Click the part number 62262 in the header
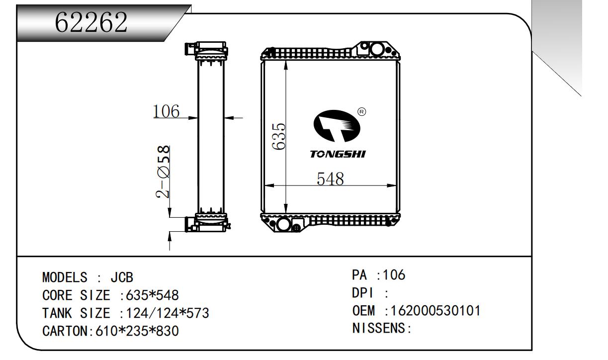point(91,22)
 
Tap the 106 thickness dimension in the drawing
point(166,111)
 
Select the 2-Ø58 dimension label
point(163,172)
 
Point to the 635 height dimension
point(278,136)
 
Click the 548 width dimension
point(330,179)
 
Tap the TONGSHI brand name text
point(338,154)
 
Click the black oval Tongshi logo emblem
point(337,126)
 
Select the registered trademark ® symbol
point(362,111)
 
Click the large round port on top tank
point(377,49)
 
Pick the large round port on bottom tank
point(283,224)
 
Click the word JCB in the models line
point(122,277)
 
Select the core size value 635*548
point(152,295)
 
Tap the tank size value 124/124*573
point(168,313)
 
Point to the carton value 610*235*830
point(137,331)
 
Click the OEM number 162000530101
point(435,311)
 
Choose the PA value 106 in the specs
point(394,275)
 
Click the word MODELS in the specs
point(65,277)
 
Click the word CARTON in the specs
point(68,331)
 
